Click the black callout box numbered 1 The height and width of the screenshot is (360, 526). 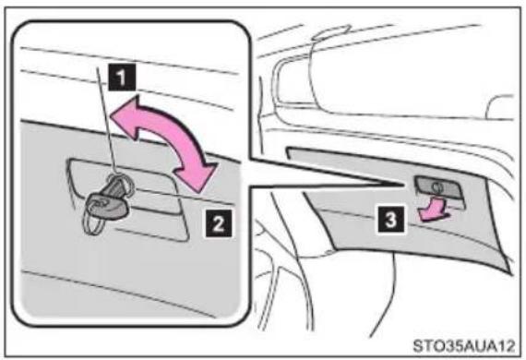pyautogui.click(x=122, y=78)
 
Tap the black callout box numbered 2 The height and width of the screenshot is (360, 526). pyautogui.click(x=219, y=223)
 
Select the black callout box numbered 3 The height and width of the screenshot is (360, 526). pyautogui.click(x=391, y=220)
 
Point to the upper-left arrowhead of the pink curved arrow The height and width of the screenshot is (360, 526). pyautogui.click(x=126, y=115)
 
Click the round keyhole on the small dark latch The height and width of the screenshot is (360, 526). pyautogui.click(x=436, y=186)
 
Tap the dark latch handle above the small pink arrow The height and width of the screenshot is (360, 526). pyautogui.click(x=438, y=186)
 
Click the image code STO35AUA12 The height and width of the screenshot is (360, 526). pyautogui.click(x=463, y=345)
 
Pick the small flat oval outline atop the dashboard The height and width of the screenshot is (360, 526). pyautogui.click(x=332, y=32)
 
